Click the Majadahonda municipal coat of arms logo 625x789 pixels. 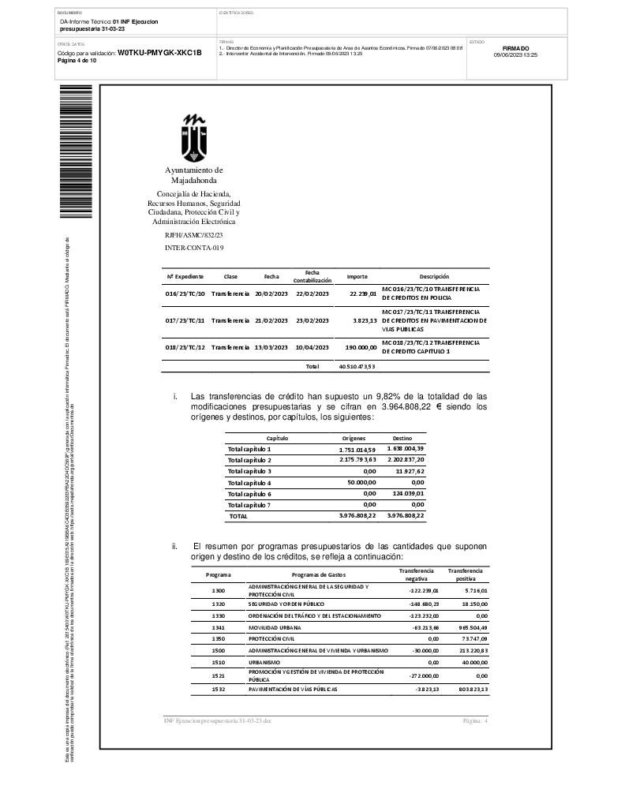194,137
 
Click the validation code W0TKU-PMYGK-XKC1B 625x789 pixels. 160,53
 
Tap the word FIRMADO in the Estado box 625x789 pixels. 515,48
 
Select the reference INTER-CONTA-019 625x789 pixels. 194,248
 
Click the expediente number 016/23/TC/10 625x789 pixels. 185,294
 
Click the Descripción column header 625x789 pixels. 434,277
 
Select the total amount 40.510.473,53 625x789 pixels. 357,366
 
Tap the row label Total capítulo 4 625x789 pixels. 249,482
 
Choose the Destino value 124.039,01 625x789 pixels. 408,493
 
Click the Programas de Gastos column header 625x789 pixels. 319,575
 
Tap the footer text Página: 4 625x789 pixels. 475,721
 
